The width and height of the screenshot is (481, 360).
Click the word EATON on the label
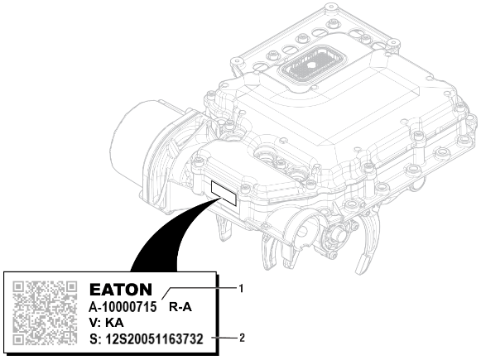[x=120, y=290]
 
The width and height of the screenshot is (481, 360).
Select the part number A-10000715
[x=123, y=307]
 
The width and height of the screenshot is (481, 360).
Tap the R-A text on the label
[x=181, y=307]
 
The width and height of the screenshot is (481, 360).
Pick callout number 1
[x=241, y=288]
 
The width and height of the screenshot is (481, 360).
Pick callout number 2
[x=242, y=338]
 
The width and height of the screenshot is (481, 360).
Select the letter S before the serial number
[x=92, y=338]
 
